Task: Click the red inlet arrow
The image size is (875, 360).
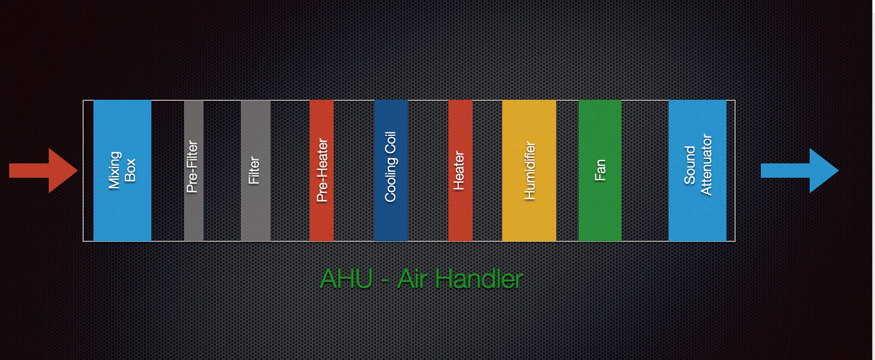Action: point(43,171)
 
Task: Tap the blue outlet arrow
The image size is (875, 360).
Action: point(800,171)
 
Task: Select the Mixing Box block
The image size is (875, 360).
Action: point(122,171)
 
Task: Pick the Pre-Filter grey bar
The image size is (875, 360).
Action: point(194,171)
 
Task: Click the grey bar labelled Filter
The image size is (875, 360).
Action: point(256,171)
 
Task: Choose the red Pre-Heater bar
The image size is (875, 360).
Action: point(322,171)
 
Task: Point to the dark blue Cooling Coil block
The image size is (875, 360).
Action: point(391,171)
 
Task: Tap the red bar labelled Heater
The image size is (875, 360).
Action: point(460,171)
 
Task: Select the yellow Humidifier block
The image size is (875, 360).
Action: point(529,171)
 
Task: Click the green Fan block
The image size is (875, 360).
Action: point(600,171)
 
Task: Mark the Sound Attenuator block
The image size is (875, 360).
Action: point(697,171)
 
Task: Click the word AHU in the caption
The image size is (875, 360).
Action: point(346,279)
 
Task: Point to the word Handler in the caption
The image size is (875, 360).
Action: point(479,279)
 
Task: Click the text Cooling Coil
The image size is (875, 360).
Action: point(390,167)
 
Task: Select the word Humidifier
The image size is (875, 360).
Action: point(529,171)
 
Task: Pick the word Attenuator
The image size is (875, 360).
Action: point(706,165)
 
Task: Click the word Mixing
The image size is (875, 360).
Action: point(114,170)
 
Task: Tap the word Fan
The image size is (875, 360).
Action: point(600,170)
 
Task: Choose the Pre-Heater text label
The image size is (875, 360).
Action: point(322,170)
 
